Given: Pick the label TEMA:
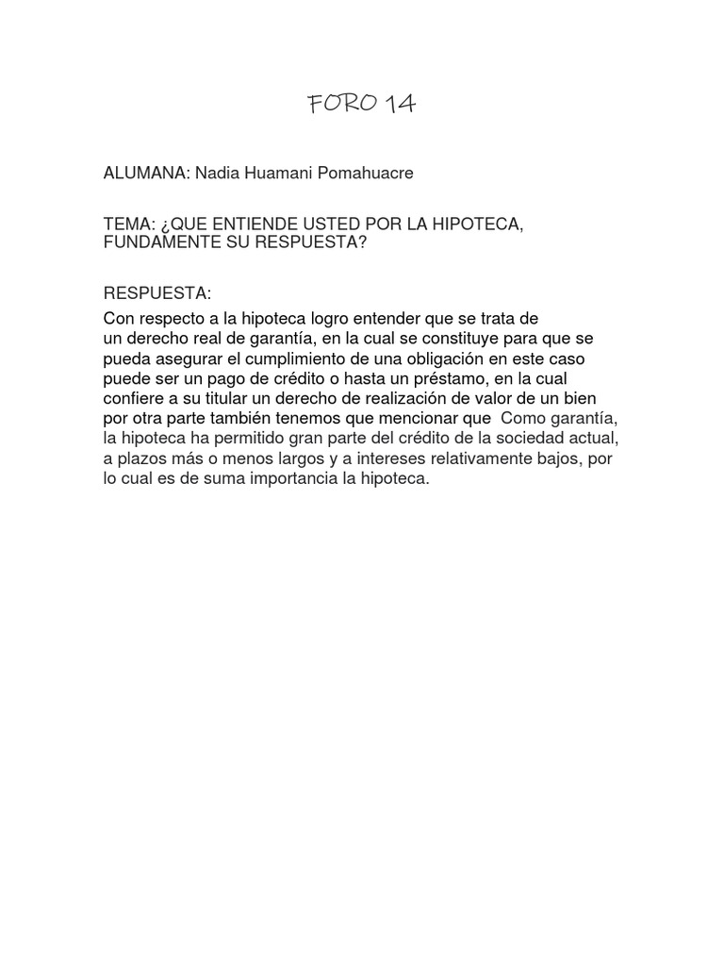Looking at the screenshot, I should click(x=128, y=226).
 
